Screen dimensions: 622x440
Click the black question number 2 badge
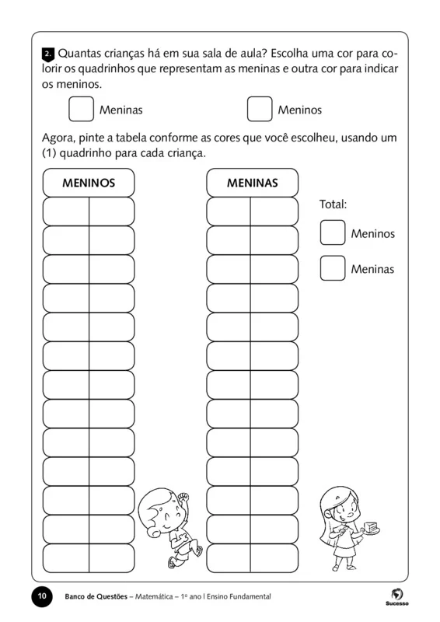[x=47, y=54]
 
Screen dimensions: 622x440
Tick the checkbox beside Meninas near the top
[x=81, y=109]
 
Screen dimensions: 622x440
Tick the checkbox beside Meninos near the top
[x=260, y=109]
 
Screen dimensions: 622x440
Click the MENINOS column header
[x=89, y=183]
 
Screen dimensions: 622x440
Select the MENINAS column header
[x=252, y=183]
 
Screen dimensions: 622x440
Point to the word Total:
[x=333, y=204]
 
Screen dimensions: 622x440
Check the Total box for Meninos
[x=333, y=232]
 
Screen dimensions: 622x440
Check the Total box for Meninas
[x=333, y=268]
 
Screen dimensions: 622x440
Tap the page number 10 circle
[x=41, y=596]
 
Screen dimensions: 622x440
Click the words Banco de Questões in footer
[x=97, y=596]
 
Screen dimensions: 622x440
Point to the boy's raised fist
[x=183, y=496]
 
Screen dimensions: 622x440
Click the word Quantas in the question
[x=79, y=54]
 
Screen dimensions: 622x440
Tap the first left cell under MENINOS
[x=66, y=211]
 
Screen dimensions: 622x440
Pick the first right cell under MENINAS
[x=274, y=211]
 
